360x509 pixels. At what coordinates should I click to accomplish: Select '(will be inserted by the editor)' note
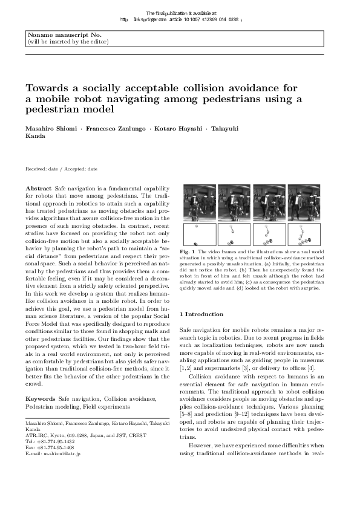[x=68, y=42]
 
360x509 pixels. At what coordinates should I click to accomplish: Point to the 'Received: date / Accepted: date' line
[x=61, y=169]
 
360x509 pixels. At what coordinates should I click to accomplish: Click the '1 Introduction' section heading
[x=205, y=314]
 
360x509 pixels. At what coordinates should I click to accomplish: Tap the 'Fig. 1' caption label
[x=188, y=250]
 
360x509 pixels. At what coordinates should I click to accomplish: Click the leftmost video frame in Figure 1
[x=197, y=203]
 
